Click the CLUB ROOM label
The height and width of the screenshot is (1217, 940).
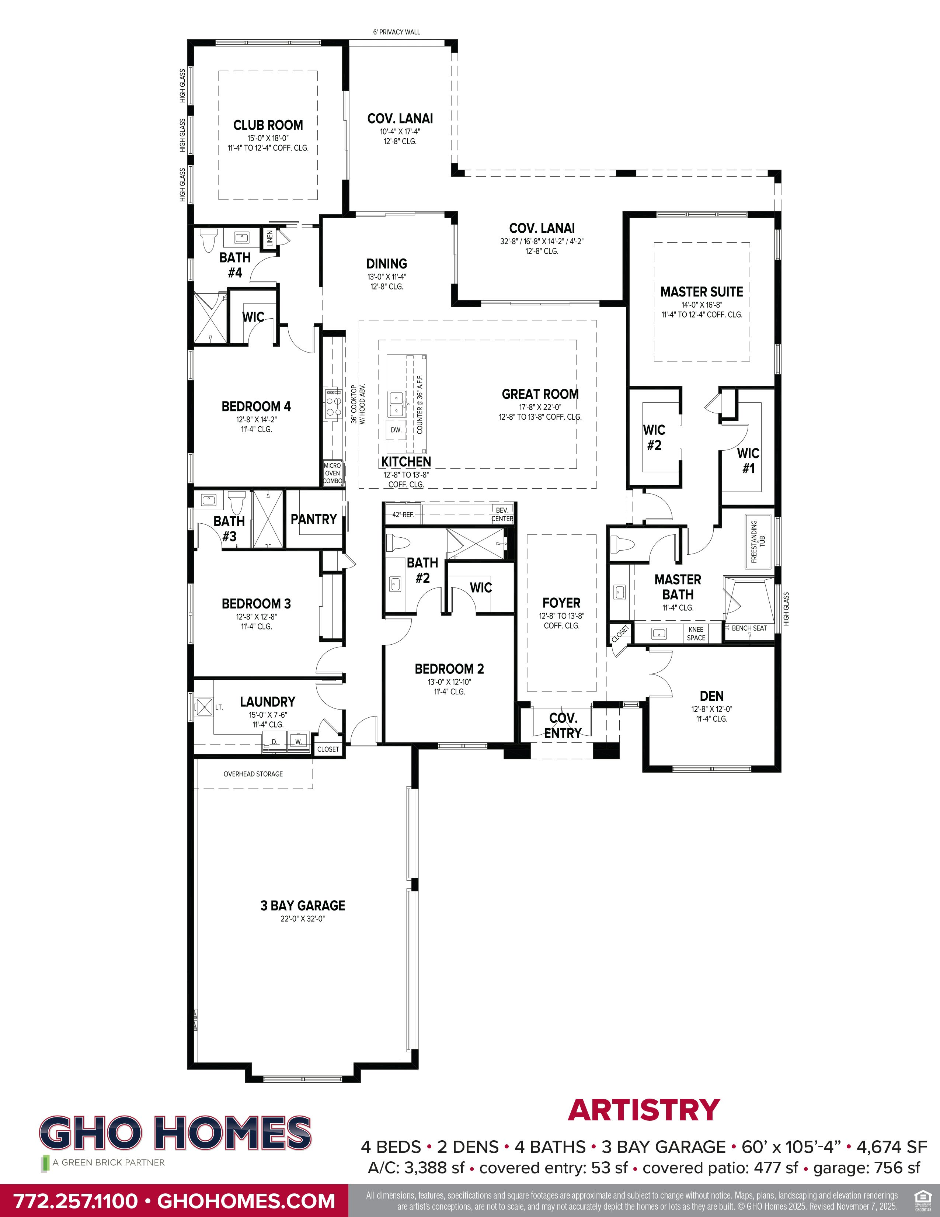tap(268, 125)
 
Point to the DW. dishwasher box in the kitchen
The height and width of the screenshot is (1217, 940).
tap(396, 430)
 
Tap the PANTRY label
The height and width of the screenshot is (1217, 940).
tap(314, 519)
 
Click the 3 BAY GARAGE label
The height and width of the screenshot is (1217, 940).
tap(302, 905)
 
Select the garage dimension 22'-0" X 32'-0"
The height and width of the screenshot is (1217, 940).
tap(302, 918)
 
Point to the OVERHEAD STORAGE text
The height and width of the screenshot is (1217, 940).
tap(253, 774)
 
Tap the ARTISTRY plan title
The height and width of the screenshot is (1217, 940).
tap(644, 1110)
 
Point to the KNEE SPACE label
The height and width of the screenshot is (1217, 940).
tap(696, 634)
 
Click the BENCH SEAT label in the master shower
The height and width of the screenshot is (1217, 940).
tap(749, 628)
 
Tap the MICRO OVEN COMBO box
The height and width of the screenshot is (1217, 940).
tap(333, 473)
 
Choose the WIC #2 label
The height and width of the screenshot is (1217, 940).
tap(654, 437)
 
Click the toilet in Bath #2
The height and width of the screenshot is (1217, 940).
tap(398, 543)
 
